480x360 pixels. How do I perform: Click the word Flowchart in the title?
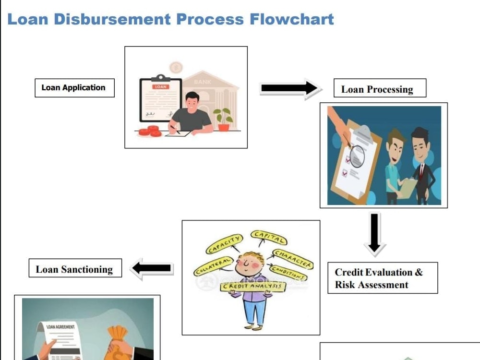coord(292,19)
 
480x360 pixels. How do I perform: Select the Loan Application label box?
coord(75,88)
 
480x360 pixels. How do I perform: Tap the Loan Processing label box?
coord(380,88)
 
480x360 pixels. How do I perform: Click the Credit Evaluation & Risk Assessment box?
coord(383,278)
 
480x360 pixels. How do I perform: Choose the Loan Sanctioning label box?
coord(75,268)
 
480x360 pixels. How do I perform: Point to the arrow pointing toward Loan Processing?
coord(289,88)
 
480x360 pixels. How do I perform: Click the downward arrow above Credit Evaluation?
coord(374,233)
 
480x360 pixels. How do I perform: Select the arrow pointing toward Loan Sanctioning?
coord(152,268)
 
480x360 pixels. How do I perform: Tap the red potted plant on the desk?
coord(224,120)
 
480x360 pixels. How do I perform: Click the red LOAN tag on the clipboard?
coord(161,87)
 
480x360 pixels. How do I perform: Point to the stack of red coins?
coord(150,132)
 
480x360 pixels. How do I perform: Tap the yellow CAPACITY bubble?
coord(224,244)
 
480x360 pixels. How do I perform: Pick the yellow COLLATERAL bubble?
coord(214,266)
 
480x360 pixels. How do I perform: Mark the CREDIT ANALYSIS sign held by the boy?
coord(252,287)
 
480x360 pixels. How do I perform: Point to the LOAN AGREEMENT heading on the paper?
coord(60,327)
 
